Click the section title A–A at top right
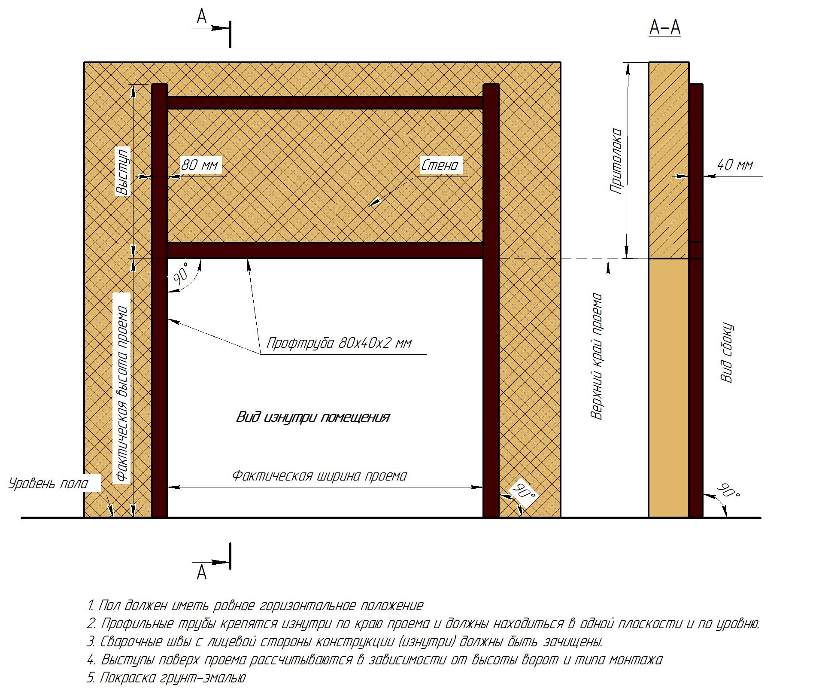click(665, 28)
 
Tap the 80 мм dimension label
click(200, 165)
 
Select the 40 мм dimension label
click(735, 165)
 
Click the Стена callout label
click(440, 165)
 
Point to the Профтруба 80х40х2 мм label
click(339, 343)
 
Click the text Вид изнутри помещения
click(313, 417)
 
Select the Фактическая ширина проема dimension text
click(319, 475)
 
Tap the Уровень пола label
click(49, 484)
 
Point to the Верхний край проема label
click(597, 356)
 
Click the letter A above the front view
click(201, 16)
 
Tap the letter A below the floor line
click(201, 572)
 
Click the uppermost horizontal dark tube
click(325, 103)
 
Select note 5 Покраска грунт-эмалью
click(166, 678)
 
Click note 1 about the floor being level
click(255, 606)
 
